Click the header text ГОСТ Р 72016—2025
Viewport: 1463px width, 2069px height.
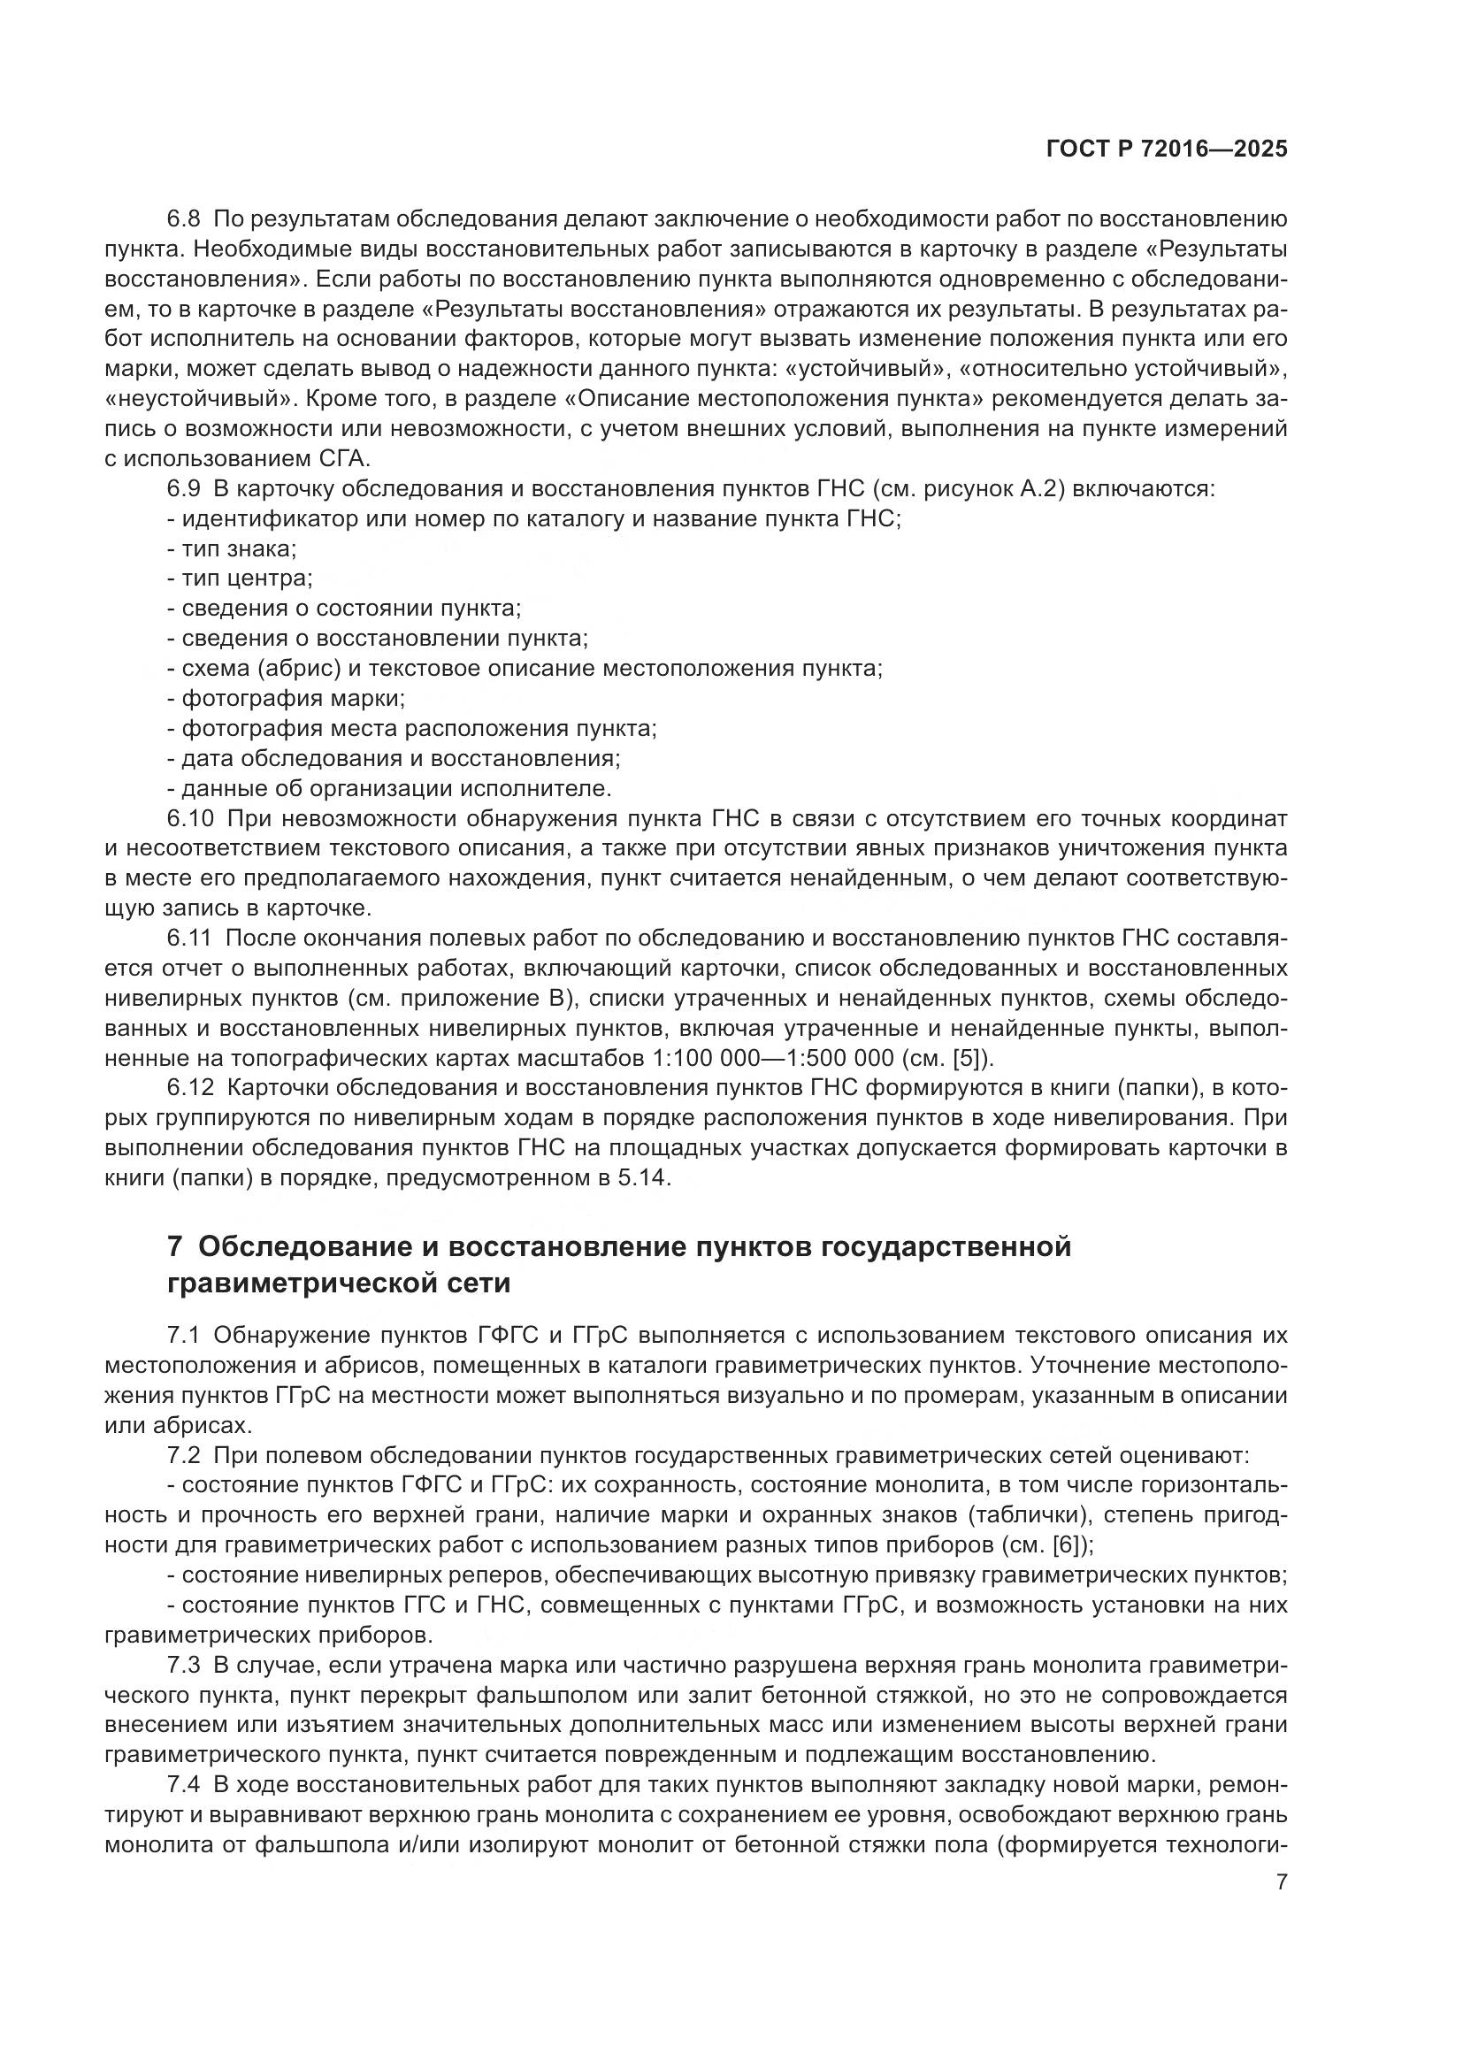(1167, 149)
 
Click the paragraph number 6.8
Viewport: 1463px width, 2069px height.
(184, 220)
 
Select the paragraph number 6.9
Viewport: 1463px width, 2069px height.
(184, 489)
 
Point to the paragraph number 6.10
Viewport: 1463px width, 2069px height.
(190, 818)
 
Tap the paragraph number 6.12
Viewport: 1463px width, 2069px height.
(190, 1088)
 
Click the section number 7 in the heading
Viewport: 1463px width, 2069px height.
(176, 1248)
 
